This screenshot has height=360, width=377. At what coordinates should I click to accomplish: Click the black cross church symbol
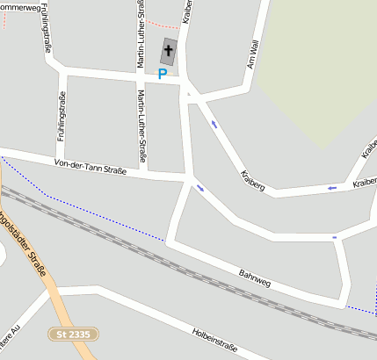click(168, 51)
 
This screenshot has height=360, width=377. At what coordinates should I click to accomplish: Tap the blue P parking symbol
click(162, 75)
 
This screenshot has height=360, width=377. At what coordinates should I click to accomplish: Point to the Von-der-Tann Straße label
click(91, 166)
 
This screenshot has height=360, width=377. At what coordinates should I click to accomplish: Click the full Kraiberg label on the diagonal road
click(252, 182)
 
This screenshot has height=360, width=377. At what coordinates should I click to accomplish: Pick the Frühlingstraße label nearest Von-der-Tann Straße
click(62, 117)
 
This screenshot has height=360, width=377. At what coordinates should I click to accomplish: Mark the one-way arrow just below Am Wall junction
click(214, 124)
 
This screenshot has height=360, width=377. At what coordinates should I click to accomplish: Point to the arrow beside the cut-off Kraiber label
click(331, 187)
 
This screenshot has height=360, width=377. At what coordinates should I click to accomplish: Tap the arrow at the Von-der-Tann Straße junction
click(200, 187)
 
